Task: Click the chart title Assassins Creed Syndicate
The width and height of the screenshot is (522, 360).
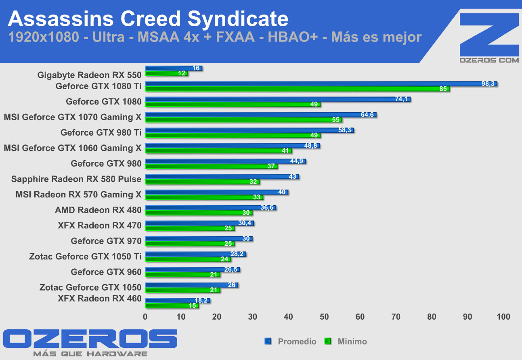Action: tap(148, 19)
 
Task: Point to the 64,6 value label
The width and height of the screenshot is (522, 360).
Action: tap(367, 115)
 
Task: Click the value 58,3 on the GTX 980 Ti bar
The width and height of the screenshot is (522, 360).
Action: tap(345, 130)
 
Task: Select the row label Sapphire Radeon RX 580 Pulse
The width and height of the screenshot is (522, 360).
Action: tap(76, 179)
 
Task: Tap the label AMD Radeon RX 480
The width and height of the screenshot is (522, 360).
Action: tap(98, 210)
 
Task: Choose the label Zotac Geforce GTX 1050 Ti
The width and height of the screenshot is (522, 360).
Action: tap(85, 256)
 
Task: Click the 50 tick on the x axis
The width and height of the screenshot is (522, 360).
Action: tap(324, 317)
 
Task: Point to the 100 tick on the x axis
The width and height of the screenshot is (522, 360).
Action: tap(503, 317)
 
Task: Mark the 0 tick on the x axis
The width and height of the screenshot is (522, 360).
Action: tap(145, 317)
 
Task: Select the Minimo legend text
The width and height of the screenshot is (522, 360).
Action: tap(352, 341)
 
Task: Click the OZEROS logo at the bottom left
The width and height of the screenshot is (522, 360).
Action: tap(90, 339)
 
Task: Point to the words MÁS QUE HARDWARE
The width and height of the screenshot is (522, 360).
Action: tap(90, 354)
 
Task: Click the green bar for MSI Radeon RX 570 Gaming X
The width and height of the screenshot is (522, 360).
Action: tap(204, 197)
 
